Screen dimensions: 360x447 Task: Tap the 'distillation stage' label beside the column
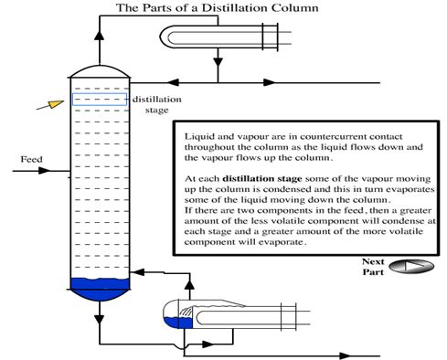[x=157, y=104]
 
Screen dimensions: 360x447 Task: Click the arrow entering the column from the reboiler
[x=137, y=271]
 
